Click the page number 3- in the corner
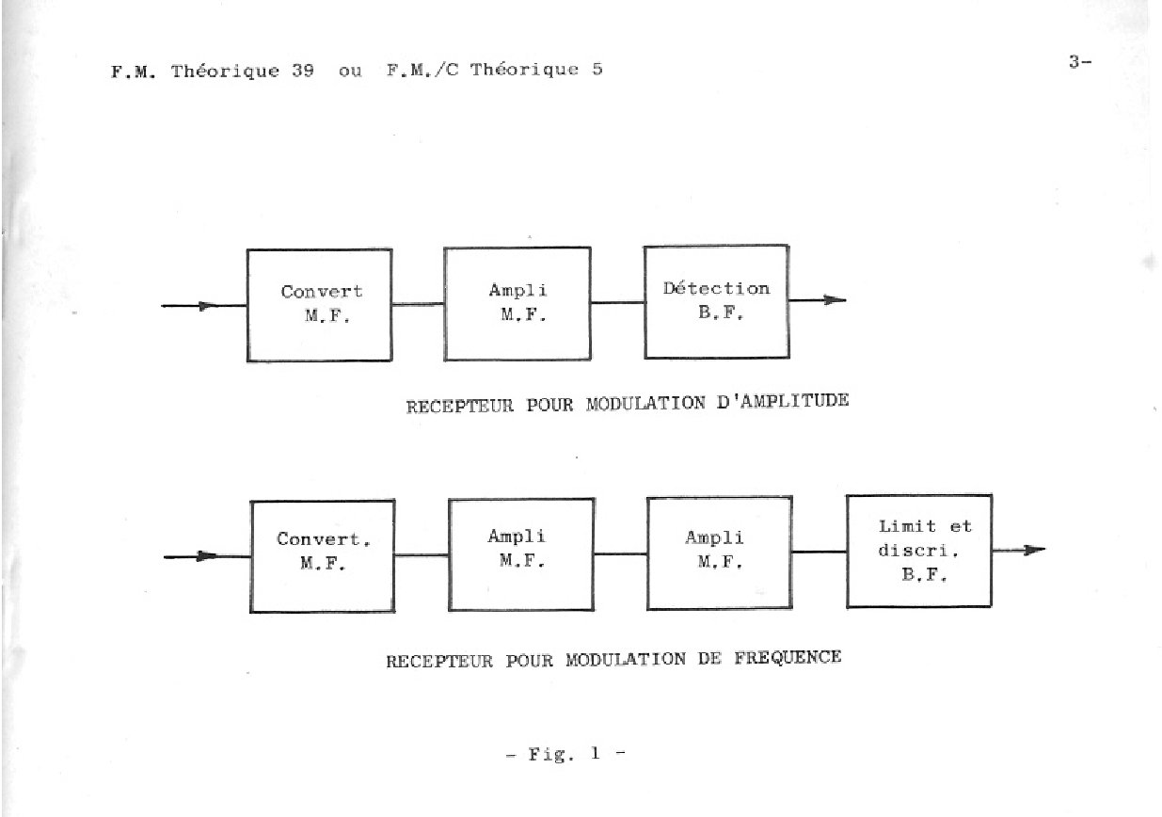click(x=1080, y=62)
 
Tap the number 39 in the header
click(x=302, y=70)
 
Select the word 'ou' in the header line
click(x=350, y=71)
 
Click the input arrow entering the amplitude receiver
click(x=204, y=306)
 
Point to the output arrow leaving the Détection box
click(x=818, y=300)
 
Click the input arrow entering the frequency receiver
click(x=207, y=556)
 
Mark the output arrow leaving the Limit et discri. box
click(x=1019, y=551)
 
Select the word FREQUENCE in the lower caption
click(x=788, y=658)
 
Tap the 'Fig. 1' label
click(x=565, y=754)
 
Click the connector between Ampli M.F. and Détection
click(x=617, y=303)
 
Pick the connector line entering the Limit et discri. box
click(x=820, y=552)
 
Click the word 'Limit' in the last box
click(x=907, y=526)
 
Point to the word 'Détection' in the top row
click(x=716, y=288)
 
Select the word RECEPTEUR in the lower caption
click(x=439, y=662)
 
